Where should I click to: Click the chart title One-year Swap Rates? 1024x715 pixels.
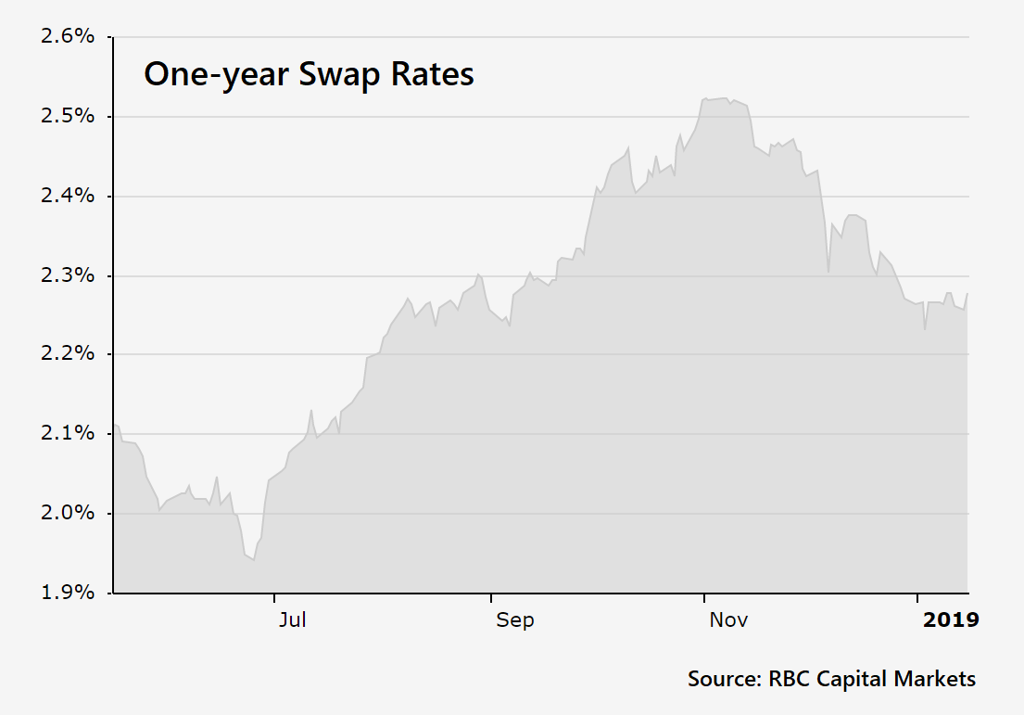point(309,74)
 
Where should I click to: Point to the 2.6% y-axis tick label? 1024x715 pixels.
point(67,37)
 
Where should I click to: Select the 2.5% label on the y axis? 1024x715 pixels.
point(67,117)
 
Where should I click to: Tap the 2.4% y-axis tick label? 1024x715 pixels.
point(67,197)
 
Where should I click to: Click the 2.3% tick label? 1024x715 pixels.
point(67,275)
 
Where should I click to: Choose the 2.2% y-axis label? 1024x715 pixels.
point(67,354)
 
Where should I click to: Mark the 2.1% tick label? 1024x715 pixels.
point(67,434)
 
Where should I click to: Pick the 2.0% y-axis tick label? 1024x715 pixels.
point(67,513)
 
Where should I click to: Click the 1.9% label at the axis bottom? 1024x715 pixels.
point(67,593)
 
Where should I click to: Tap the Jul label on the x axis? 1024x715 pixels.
point(292,619)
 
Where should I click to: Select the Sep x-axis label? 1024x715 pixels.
point(514,619)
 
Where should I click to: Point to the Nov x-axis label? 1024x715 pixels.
point(728,619)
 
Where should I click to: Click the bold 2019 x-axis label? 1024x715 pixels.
point(950,619)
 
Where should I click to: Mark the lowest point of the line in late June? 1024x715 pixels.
point(253,559)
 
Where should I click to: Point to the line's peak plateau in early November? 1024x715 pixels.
point(718,98)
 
